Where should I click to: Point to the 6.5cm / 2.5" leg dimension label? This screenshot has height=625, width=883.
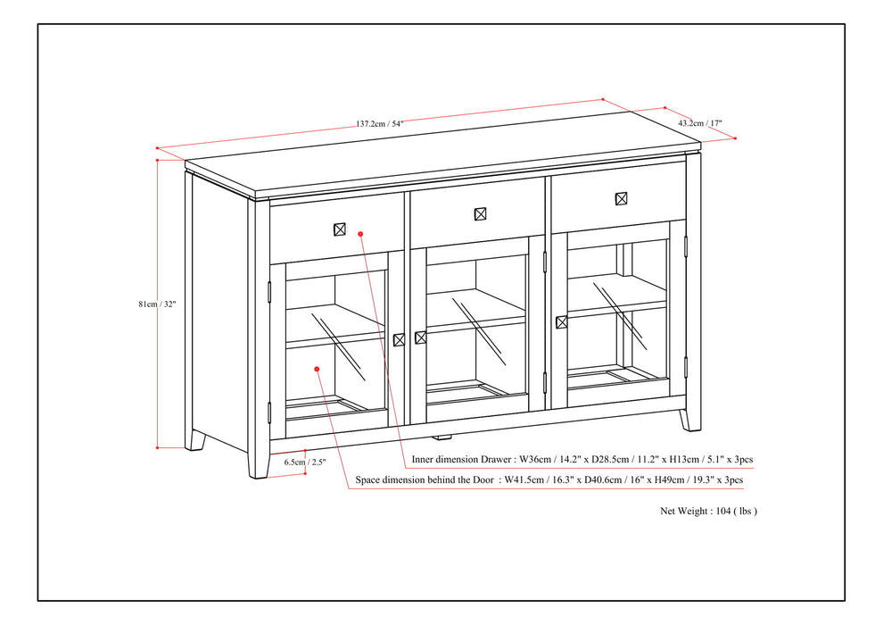(305, 462)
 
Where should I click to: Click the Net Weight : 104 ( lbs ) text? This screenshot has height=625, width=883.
(708, 512)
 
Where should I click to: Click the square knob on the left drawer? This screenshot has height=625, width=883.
(339, 229)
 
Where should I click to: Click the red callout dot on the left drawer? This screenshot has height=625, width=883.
(360, 234)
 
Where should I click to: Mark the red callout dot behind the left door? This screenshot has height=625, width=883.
(318, 367)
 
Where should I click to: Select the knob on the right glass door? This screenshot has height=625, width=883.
(561, 322)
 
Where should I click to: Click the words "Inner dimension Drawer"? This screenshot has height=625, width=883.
(462, 460)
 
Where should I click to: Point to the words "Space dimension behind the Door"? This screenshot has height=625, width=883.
(424, 480)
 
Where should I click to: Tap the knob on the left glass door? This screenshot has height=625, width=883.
(399, 339)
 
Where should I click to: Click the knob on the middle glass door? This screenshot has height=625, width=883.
(420, 337)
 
